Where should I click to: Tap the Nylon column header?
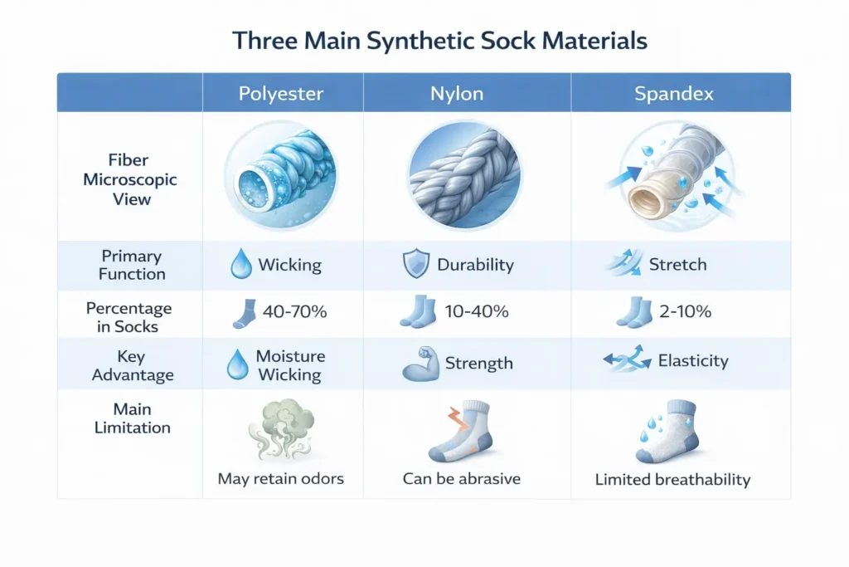[457, 94]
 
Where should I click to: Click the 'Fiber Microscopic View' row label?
[130, 179]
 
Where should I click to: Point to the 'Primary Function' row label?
[131, 265]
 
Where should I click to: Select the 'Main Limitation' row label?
[131, 418]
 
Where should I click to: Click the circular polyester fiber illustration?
[281, 178]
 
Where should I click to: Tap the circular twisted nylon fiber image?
[463, 174]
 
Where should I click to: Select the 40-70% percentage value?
[294, 313]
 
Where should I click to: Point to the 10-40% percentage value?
[477, 313]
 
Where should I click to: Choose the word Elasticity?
[693, 361]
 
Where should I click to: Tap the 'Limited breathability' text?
[672, 480]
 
